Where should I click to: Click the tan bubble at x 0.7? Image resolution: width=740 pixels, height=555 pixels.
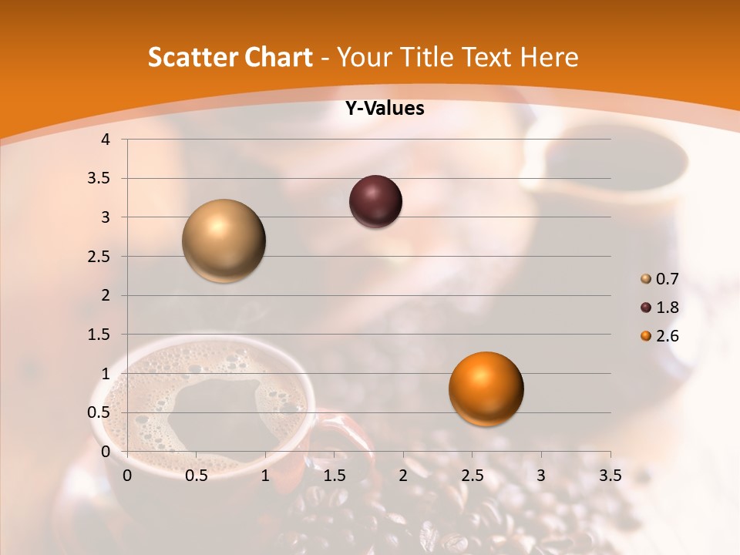pos(224,240)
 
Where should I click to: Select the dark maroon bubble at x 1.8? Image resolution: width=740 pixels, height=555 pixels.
pos(375,201)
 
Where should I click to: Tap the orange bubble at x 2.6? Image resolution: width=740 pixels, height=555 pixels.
pos(486,388)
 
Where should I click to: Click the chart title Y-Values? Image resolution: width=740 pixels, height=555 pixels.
pos(385,109)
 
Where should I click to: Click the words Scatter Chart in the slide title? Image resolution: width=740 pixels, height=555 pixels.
pos(230,57)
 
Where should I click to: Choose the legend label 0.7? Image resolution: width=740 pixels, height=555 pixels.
pos(668,279)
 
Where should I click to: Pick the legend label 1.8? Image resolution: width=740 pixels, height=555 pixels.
pos(668,308)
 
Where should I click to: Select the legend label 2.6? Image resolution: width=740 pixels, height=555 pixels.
pos(668,336)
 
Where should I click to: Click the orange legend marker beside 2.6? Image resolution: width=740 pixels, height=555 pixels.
pos(646,336)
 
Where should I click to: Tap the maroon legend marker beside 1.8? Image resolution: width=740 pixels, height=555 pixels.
pos(646,308)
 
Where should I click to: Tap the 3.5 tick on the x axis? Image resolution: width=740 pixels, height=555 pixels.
pos(610,476)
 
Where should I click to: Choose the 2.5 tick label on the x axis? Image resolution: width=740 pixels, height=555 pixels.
pos(472,476)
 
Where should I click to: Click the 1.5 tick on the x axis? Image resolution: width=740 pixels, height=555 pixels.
pos(334,476)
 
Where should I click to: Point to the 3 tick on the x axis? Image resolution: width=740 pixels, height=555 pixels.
pos(541,476)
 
